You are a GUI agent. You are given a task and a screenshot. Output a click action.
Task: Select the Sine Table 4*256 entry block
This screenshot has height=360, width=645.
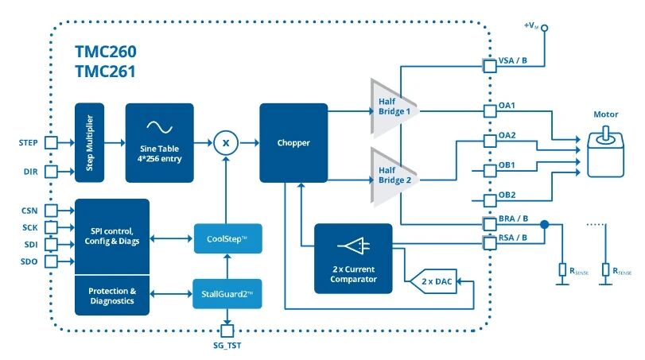tap(159, 143)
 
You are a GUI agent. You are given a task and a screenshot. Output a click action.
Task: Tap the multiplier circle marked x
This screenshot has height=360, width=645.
tap(227, 143)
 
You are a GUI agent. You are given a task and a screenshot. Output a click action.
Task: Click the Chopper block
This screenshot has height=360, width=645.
tap(293, 143)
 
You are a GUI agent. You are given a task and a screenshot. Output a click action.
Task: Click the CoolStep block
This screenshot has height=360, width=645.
tap(227, 238)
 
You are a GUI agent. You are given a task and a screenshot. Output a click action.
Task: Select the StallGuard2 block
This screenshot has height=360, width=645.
tap(227, 294)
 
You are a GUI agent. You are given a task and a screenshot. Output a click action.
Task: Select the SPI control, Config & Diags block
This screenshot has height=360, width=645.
tap(111, 237)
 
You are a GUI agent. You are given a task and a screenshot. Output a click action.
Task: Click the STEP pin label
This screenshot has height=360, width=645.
tap(29, 143)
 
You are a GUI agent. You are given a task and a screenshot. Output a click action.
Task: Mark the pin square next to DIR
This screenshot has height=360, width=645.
tap(52, 170)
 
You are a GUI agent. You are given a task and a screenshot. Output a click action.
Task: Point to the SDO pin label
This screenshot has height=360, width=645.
tap(29, 261)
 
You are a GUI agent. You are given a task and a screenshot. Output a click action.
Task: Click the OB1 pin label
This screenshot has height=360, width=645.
tap(507, 165)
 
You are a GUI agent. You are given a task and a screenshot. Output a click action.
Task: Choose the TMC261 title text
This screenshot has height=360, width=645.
tap(105, 71)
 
